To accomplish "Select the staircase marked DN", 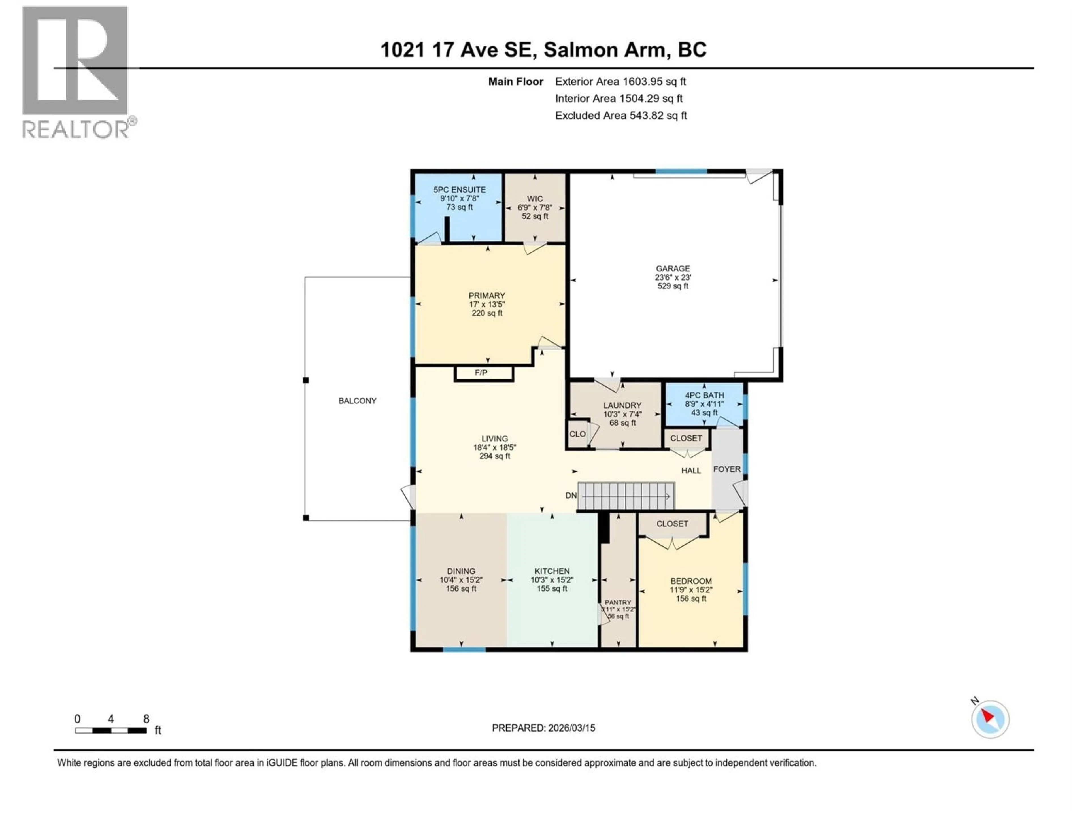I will pos(626,495).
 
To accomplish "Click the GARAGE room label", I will pos(672,269).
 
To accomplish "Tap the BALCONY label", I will pos(357,401).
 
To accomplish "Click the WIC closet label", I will pos(535,199).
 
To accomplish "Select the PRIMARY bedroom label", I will pos(486,296).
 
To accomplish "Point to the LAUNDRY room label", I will pos(622,405).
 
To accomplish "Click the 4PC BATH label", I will pos(704,395).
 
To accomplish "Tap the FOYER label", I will pos(726,469).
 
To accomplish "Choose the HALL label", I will pos(690,471).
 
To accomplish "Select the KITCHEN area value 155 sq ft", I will pos(552,589).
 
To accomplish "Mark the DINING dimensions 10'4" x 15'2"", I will pos(461,580).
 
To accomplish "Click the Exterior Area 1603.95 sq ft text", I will pos(620,82).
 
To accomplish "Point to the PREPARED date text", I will pos(543,728).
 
